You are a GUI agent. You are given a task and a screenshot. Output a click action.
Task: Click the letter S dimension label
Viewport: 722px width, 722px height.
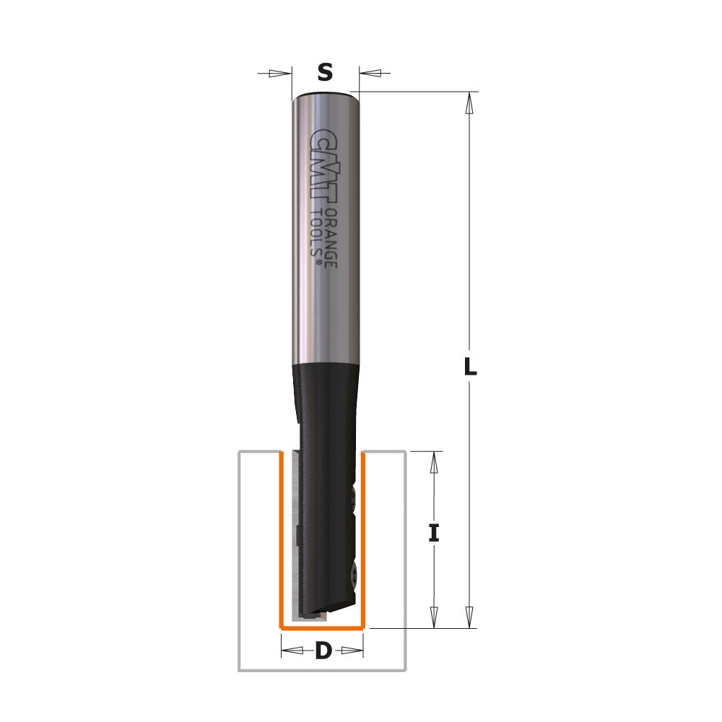point(326,72)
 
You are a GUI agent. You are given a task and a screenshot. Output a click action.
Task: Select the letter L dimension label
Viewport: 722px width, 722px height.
point(470,367)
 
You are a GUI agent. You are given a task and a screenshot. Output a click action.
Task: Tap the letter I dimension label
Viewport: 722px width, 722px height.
point(433,533)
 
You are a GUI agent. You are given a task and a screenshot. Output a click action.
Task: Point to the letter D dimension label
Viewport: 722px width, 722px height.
point(323,651)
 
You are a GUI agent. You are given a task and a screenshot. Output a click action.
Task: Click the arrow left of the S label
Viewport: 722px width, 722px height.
point(278,73)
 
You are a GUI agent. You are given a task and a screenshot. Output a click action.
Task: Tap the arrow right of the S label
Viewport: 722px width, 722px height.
point(373,73)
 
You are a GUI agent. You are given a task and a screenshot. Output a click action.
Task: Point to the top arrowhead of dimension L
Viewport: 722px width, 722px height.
point(470,104)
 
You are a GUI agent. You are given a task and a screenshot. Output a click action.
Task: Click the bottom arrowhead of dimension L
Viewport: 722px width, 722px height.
point(470,616)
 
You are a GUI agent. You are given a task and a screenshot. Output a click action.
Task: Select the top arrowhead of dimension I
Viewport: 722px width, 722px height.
point(434,464)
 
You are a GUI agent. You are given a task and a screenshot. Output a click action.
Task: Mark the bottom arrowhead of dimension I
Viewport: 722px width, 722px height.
point(434,616)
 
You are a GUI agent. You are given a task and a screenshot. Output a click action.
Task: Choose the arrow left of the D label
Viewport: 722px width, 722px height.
point(293,651)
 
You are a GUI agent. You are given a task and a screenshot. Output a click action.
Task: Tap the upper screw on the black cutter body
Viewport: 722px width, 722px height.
point(352,497)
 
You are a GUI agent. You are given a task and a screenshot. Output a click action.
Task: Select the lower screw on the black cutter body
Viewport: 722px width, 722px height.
point(352,574)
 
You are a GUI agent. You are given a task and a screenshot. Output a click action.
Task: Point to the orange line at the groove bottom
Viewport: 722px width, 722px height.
point(322,628)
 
